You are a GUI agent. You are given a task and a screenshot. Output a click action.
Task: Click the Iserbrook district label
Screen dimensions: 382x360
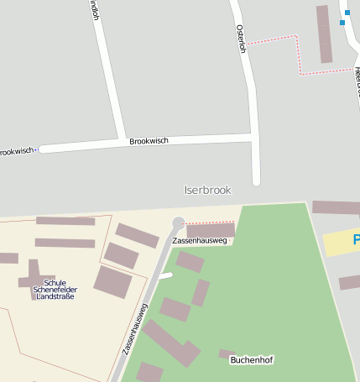(207, 191)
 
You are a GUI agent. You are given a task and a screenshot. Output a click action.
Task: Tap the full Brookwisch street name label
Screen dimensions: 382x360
(149, 141)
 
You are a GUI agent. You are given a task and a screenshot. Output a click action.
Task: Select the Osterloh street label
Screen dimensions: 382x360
(241, 39)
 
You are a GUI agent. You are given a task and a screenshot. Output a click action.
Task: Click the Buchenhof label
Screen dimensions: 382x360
(252, 360)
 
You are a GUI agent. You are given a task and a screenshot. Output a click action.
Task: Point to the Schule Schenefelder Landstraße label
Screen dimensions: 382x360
(49, 290)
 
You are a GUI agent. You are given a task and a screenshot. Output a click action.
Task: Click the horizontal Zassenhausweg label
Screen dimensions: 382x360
(200, 241)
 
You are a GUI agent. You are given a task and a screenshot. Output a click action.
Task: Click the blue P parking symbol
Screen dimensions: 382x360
(356, 241)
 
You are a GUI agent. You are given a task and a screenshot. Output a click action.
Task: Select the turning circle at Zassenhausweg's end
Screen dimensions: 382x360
(178, 222)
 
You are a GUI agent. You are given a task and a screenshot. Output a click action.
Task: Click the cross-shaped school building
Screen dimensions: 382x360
(34, 280)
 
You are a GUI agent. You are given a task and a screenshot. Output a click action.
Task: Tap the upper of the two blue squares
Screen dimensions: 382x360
(345, 13)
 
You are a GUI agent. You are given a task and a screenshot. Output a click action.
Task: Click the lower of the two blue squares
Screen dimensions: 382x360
(342, 23)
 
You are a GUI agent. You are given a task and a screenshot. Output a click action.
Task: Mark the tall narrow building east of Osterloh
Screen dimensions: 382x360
(324, 34)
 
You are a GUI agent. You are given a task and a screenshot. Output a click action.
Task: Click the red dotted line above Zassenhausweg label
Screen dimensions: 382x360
(209, 222)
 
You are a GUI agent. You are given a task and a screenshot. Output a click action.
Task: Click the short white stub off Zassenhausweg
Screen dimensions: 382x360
(165, 275)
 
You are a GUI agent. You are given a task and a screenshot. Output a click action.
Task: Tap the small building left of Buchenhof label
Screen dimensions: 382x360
(226, 353)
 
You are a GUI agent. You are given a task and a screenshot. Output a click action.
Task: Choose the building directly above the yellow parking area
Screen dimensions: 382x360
(336, 207)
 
